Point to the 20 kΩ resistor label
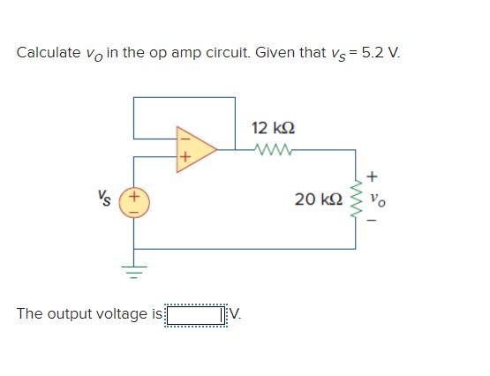click(319, 199)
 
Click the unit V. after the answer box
click(237, 314)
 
